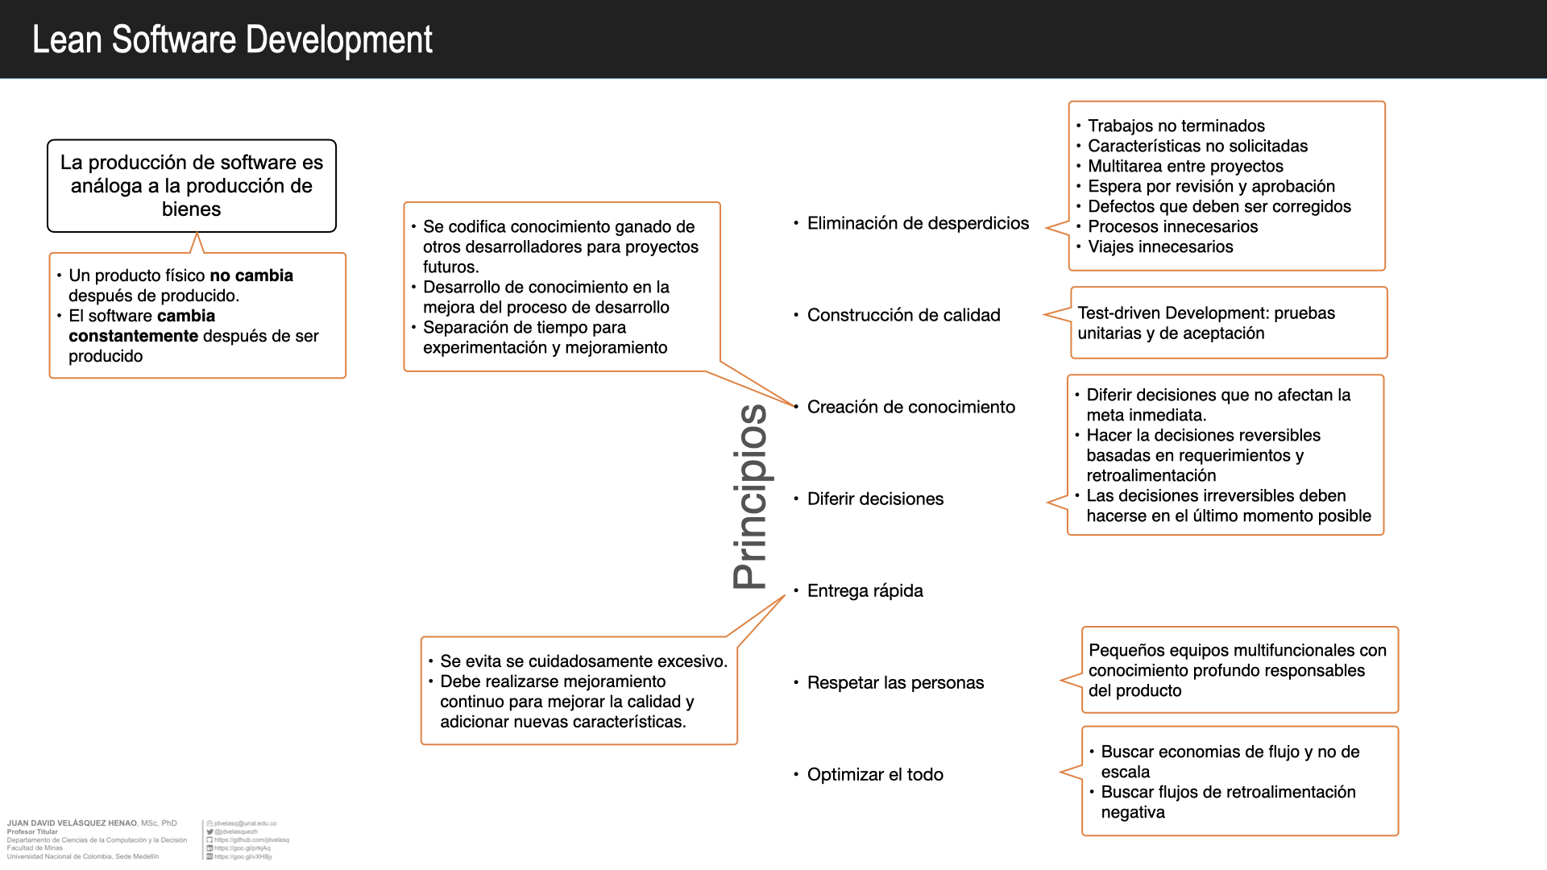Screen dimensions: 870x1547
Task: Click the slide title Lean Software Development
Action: (x=232, y=39)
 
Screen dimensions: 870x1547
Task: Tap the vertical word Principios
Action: (x=750, y=496)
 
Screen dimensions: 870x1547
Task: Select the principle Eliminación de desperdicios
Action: (x=918, y=223)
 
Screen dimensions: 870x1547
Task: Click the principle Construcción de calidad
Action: (x=903, y=315)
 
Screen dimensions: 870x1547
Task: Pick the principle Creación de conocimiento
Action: (x=910, y=407)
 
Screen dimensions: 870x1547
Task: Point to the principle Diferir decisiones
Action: (x=875, y=499)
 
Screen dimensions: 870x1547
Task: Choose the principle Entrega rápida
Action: (x=865, y=590)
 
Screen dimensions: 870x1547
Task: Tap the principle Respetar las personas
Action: (x=895, y=682)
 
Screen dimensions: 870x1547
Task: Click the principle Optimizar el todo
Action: (x=875, y=774)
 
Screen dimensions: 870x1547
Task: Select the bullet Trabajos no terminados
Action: (x=1176, y=126)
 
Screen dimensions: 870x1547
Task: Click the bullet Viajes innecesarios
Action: (x=1160, y=246)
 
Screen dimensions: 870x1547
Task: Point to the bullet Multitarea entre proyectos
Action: (x=1185, y=166)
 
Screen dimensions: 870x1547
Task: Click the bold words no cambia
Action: (x=251, y=275)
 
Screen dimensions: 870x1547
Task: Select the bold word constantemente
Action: (x=133, y=336)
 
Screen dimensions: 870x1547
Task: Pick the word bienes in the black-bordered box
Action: (x=191, y=209)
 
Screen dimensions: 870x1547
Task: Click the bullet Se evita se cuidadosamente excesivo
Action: (x=583, y=661)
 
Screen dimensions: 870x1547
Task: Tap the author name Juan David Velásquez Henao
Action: (x=72, y=823)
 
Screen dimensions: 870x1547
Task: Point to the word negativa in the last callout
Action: (x=1133, y=812)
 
